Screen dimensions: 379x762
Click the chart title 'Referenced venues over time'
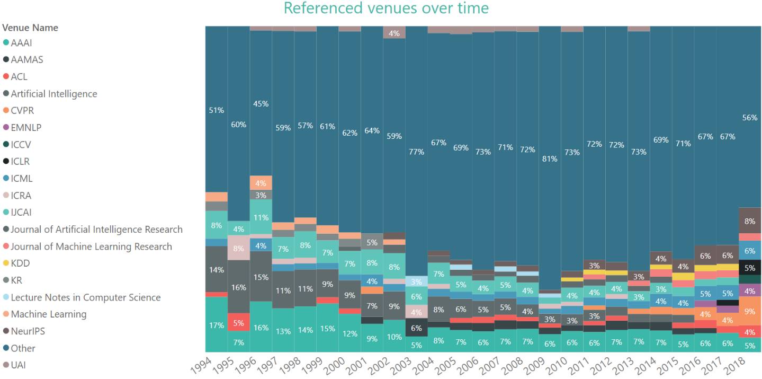click(386, 8)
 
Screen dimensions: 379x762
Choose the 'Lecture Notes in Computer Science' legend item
click(85, 297)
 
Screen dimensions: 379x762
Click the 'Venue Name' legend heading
click(30, 28)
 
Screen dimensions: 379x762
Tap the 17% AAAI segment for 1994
click(216, 325)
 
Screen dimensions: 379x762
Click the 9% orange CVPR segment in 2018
click(750, 311)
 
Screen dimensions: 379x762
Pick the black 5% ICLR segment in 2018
click(750, 268)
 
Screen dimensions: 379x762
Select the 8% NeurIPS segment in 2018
click(750, 221)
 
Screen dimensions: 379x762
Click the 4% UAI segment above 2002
click(394, 33)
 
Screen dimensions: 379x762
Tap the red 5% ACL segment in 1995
click(238, 322)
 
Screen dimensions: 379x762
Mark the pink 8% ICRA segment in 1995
click(238, 248)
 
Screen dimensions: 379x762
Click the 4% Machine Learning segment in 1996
click(261, 183)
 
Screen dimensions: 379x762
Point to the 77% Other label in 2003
click(416, 152)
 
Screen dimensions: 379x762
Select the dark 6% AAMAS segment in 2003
click(416, 328)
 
